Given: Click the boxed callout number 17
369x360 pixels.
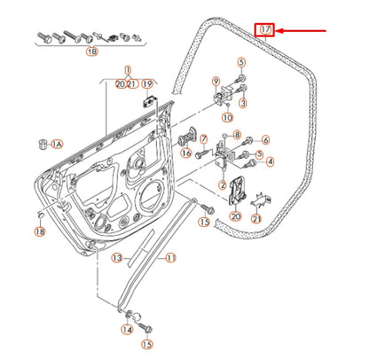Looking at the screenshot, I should (x=264, y=30).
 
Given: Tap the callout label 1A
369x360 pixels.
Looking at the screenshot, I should (x=57, y=143).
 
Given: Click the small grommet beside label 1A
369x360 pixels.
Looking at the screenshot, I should (x=41, y=142).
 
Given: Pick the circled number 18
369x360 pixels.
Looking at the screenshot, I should (x=39, y=231).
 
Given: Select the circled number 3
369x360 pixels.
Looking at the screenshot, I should (x=242, y=104).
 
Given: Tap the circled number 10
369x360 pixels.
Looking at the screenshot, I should (x=227, y=116).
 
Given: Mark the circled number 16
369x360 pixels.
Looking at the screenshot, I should (x=186, y=153).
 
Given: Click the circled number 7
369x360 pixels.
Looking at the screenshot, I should (x=204, y=139).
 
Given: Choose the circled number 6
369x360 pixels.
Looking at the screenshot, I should (x=264, y=140).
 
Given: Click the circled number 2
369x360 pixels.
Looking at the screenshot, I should (x=223, y=185).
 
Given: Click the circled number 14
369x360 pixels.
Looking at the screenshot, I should (x=126, y=330).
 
